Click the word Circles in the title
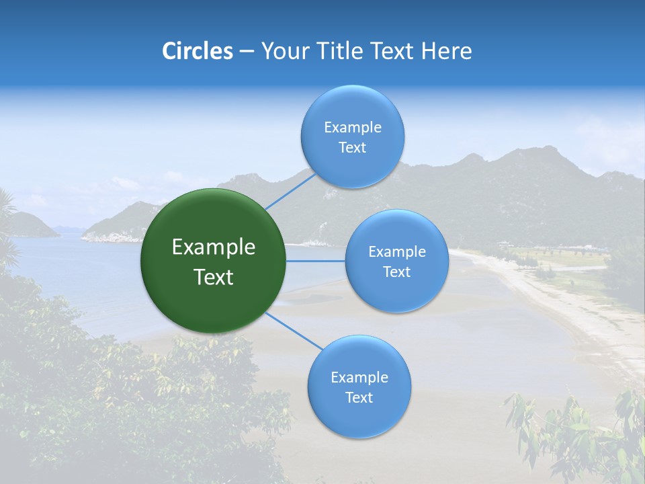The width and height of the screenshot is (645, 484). pos(198,51)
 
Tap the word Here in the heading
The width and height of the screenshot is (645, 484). pos(446,51)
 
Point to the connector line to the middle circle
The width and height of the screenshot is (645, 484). pos(315,261)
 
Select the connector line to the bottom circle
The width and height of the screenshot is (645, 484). pos(294,331)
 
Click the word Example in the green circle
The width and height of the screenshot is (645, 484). pos(214,247)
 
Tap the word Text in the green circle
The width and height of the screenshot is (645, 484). pos(214,277)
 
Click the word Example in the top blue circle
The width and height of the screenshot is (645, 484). pos(352,128)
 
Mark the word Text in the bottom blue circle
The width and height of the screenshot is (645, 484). pos(359,397)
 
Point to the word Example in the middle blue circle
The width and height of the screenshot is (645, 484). pos(396,252)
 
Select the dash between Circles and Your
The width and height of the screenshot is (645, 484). pos(247,52)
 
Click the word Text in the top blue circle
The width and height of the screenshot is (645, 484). pos(352,148)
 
